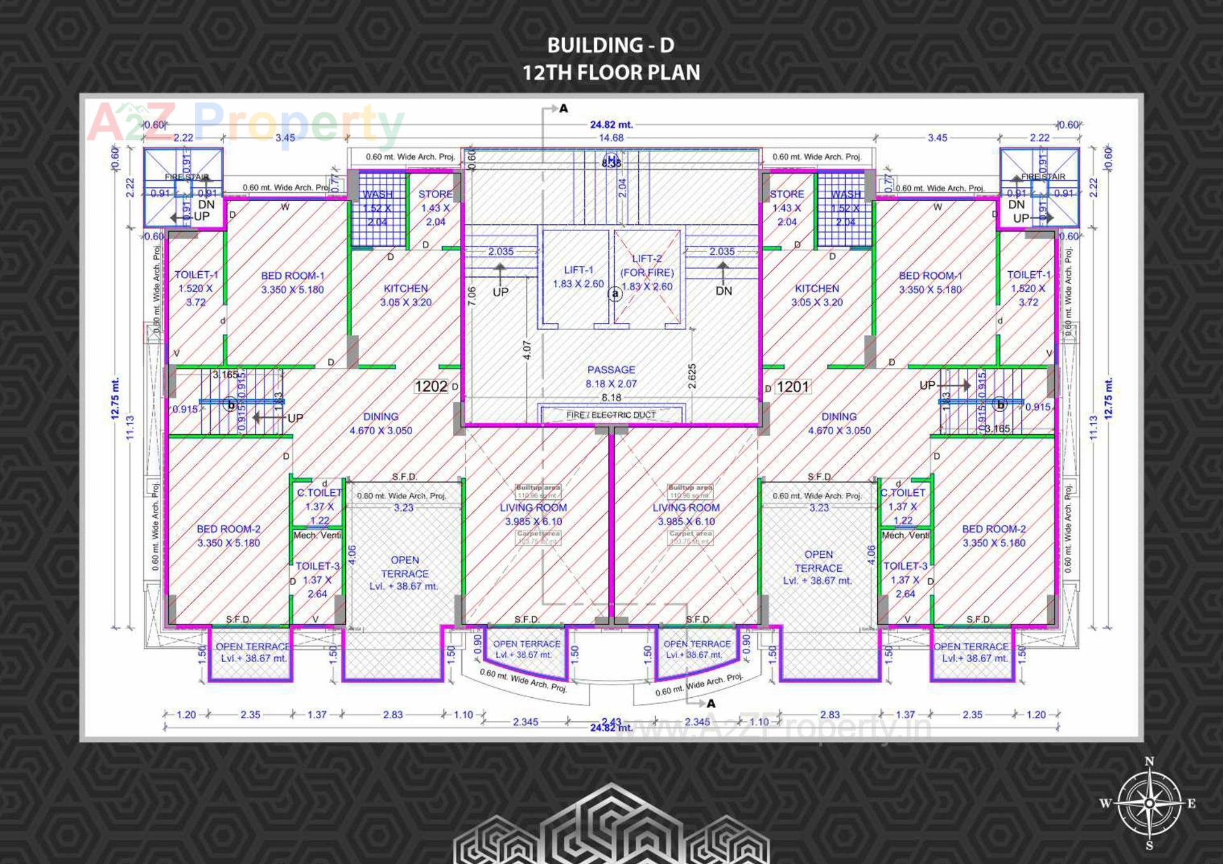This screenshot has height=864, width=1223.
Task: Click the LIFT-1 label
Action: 578,270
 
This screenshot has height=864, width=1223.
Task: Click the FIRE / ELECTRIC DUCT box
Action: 611,415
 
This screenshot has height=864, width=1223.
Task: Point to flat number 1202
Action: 431,386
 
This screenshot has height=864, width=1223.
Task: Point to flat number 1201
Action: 792,386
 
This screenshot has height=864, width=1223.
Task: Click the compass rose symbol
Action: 1149,803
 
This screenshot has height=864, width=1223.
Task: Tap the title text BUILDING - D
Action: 611,45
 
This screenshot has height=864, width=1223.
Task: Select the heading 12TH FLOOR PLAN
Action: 611,73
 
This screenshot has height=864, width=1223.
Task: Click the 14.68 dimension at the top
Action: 611,138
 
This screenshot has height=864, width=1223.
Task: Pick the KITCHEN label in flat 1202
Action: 406,288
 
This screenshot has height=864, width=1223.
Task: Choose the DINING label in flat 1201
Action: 839,416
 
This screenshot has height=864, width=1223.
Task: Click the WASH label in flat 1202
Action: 377,194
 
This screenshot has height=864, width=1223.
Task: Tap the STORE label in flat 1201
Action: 787,194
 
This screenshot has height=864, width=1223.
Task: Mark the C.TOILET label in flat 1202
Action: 319,493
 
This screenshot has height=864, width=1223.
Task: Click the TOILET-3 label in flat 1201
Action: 905,566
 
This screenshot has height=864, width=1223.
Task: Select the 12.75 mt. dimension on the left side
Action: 115,399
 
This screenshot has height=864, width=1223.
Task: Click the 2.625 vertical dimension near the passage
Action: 692,376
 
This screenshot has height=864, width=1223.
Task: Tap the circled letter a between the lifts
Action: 615,294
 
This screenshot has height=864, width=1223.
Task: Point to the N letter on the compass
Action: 1149,761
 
